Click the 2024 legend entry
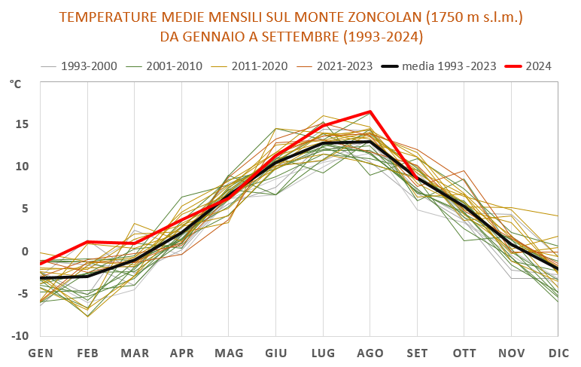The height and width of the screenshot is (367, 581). click(x=538, y=66)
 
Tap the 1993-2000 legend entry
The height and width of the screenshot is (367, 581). click(x=88, y=66)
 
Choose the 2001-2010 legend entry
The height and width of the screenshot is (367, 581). click(x=173, y=66)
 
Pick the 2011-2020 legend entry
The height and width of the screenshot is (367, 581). click(x=258, y=66)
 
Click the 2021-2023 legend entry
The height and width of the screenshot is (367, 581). click(x=343, y=66)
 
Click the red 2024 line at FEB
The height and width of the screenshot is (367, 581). click(x=88, y=242)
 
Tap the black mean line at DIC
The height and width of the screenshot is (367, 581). click(x=558, y=268)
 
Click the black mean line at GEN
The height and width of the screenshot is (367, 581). click(x=41, y=278)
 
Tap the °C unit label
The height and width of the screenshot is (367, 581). click(x=16, y=84)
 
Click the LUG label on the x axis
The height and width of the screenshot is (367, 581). click(x=323, y=353)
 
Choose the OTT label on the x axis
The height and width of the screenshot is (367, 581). click(x=464, y=353)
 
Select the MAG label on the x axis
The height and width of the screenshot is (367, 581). click(x=229, y=353)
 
